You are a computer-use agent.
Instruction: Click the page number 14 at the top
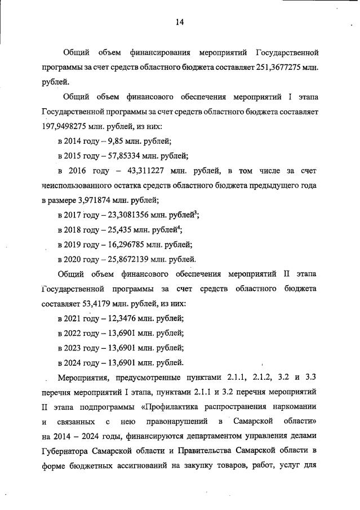[x=179, y=22]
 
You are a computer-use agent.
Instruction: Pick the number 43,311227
[x=148, y=171]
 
